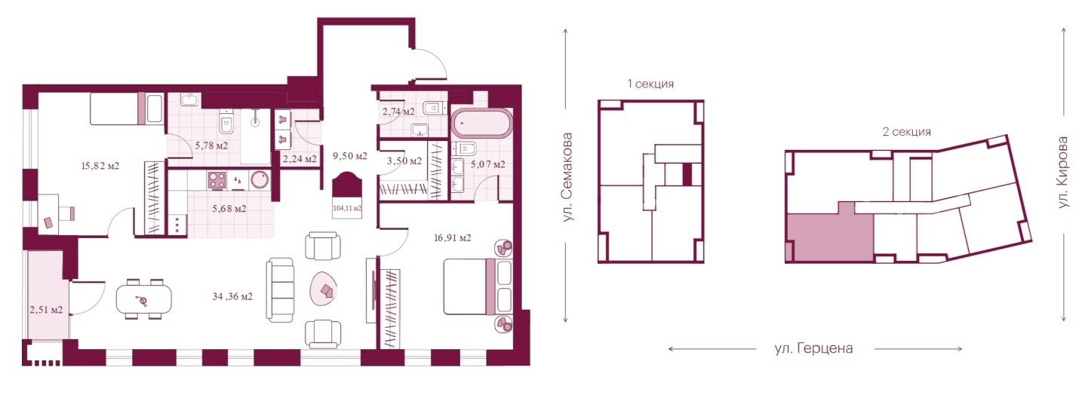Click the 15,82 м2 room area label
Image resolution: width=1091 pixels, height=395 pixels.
[x=100, y=166]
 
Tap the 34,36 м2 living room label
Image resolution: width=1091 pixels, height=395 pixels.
[x=233, y=296]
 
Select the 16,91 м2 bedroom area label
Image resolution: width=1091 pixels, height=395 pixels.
[x=453, y=238]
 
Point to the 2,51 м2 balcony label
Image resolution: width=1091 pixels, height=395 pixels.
[x=46, y=310]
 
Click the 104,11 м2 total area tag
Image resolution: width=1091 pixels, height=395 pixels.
[x=347, y=208]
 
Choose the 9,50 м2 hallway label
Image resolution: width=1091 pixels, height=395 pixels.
[x=349, y=156]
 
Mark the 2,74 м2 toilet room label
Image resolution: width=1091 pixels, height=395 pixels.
[x=398, y=112]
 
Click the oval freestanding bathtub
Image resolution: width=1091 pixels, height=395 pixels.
[x=481, y=124]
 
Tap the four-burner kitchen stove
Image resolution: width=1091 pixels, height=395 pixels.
[x=217, y=180]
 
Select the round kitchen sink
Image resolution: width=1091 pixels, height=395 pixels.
[x=260, y=180]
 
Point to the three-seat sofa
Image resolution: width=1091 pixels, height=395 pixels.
[x=280, y=290]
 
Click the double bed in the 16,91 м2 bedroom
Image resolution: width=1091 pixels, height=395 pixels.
[x=478, y=286]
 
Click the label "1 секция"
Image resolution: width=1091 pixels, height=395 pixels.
[x=650, y=84]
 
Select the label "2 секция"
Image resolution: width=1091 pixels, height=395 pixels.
[x=906, y=132]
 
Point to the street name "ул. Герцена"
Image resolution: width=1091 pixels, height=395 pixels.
[x=813, y=348]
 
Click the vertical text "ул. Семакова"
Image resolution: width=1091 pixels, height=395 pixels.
[x=567, y=177]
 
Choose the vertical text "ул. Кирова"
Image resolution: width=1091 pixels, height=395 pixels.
[x=1063, y=172]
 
